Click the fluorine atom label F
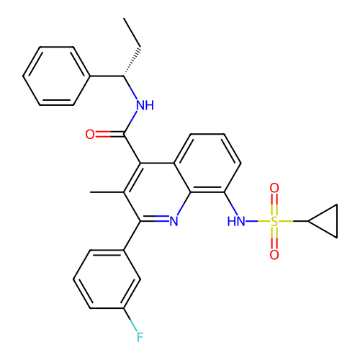tap(140, 337)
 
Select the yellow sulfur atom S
tap(274, 221)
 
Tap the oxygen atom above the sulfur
tap(274, 188)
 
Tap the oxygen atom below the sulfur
tap(274, 255)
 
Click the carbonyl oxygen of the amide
tap(90, 135)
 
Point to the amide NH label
tap(145, 105)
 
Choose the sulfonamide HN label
tap(236, 221)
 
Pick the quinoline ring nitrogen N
tap(174, 221)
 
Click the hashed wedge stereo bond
tap(132, 62)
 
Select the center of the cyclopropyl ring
tap(328, 221)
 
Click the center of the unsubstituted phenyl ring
tap(56, 76)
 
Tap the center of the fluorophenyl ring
tap(107, 279)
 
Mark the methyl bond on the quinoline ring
tap(107, 192)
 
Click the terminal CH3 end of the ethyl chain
tap(124, 18)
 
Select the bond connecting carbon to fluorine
tap(130, 320)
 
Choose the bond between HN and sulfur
tap(258, 221)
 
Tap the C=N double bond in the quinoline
tap(155, 219)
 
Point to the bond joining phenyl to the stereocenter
tap(107, 76)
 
